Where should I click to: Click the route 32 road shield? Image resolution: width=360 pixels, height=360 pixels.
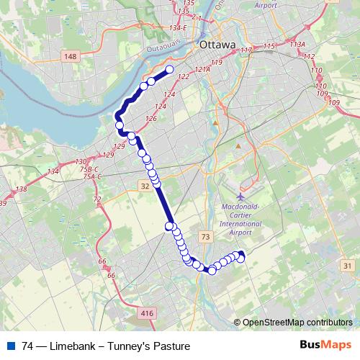[x=145, y=186]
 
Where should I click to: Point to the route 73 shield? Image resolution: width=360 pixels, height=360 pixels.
[x=206, y=236]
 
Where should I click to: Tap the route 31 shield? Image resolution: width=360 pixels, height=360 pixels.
[x=348, y=266]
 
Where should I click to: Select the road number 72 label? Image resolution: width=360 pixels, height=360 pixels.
[x=97, y=198]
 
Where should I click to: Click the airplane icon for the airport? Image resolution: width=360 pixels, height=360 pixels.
[x=240, y=195]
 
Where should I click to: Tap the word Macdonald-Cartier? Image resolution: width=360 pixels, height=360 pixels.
[x=245, y=207]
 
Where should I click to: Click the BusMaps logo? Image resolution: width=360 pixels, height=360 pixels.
[x=325, y=346]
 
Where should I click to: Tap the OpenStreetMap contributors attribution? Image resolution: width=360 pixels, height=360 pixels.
[x=297, y=322]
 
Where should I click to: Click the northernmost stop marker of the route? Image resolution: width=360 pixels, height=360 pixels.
[x=170, y=70]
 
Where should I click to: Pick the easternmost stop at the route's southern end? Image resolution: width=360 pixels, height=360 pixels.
[x=241, y=255]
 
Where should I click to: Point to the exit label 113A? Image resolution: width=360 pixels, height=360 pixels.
[x=297, y=44]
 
